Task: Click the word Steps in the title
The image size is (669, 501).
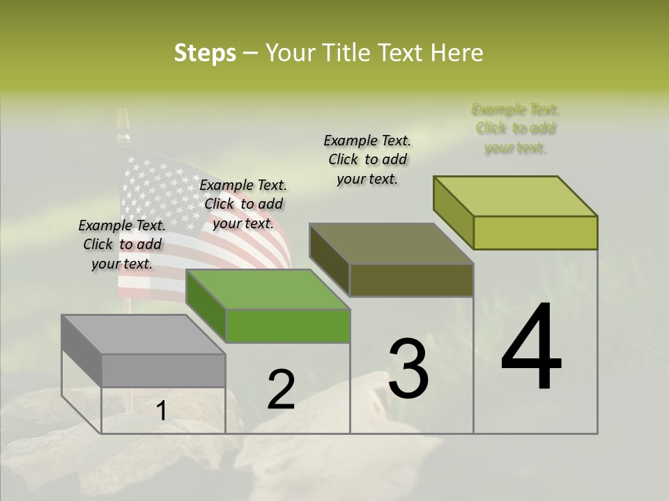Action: pyautogui.click(x=205, y=53)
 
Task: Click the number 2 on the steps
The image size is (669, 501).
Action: pyautogui.click(x=281, y=389)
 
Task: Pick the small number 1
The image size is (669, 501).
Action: pyautogui.click(x=161, y=411)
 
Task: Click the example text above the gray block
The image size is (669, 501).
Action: pyautogui.click(x=122, y=244)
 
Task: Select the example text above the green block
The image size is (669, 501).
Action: pyautogui.click(x=243, y=204)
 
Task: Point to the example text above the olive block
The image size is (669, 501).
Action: pyautogui.click(x=367, y=159)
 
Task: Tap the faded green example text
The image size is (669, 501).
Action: pyautogui.click(x=516, y=129)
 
